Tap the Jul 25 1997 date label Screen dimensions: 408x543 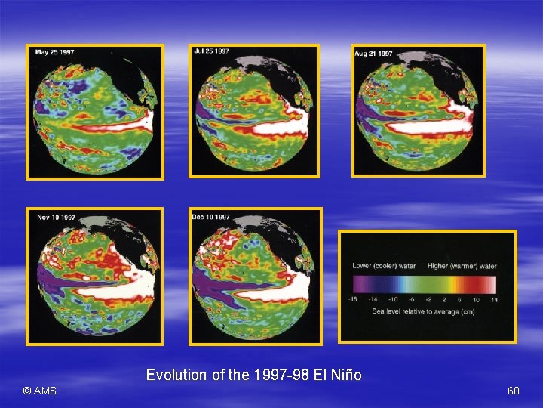[x=213, y=51]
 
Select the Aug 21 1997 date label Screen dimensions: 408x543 [x=374, y=54]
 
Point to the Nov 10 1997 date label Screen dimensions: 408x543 [x=56, y=218]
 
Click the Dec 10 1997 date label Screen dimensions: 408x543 [x=211, y=217]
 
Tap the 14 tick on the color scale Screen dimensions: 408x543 [x=493, y=300]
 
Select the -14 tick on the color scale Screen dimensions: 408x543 [x=372, y=300]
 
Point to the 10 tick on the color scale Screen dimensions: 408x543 [x=477, y=300]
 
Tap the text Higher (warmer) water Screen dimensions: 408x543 [x=462, y=266]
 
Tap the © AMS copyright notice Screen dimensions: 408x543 [x=39, y=391]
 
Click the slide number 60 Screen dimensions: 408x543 [x=514, y=391]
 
